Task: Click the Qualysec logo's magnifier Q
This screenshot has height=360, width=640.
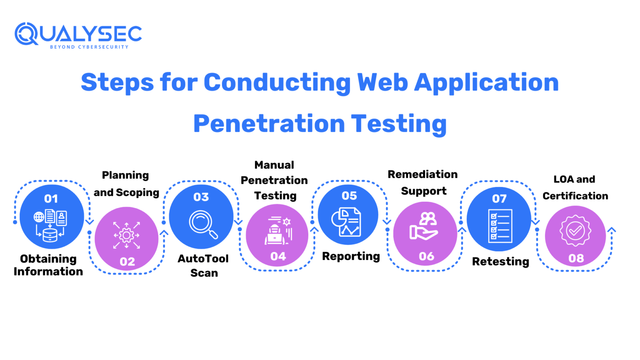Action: point(26,34)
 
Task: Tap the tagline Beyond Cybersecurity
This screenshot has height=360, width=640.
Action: point(89,47)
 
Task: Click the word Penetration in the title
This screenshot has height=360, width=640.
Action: point(269,124)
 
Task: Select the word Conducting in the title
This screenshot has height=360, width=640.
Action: point(277,82)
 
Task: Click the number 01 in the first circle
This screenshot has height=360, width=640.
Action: point(51,199)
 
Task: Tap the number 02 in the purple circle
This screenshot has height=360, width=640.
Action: point(127,262)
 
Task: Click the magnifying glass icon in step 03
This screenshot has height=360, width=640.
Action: point(203,224)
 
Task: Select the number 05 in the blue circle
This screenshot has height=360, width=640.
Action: point(349,196)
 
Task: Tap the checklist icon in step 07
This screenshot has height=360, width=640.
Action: point(500,226)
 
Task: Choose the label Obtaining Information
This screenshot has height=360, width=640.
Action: point(48,265)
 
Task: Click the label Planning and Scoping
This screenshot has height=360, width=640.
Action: point(126,184)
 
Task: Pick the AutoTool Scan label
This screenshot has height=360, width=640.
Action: point(203,265)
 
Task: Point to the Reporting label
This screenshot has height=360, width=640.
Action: point(351,256)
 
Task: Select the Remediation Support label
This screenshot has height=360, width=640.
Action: point(423,182)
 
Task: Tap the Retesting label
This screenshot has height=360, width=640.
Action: point(500,262)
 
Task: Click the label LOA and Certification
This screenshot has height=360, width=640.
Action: point(575,187)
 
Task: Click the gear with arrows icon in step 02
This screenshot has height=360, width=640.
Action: point(126,235)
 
